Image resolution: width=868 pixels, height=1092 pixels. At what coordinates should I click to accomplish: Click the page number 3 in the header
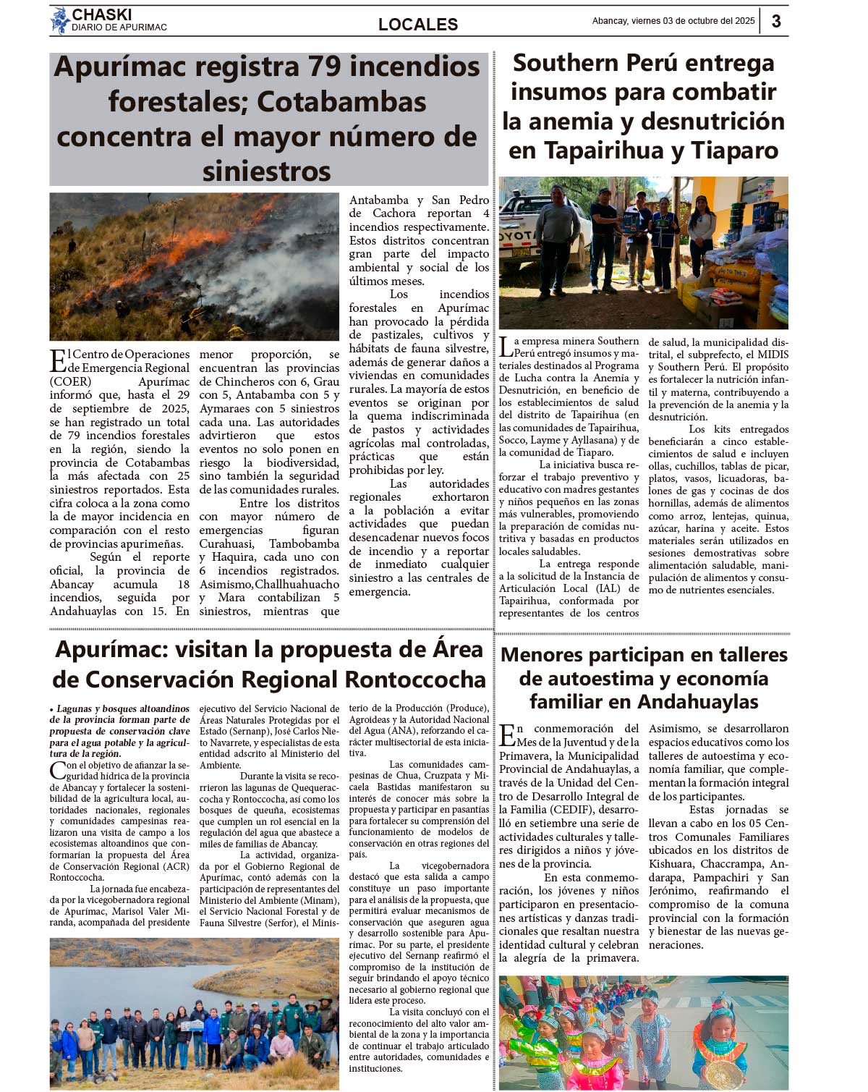(x=776, y=21)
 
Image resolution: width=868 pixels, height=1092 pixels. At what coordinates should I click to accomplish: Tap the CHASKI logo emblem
(x=59, y=20)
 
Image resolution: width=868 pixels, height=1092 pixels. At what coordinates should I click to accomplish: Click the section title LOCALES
(x=418, y=25)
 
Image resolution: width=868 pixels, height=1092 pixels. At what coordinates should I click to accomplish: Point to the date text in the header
(x=673, y=21)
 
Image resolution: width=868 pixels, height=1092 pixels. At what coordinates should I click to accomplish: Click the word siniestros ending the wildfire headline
(x=267, y=172)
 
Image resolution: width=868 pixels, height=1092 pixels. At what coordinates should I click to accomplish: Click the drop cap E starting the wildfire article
(x=58, y=360)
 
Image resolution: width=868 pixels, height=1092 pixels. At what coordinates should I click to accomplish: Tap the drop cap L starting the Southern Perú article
(x=506, y=347)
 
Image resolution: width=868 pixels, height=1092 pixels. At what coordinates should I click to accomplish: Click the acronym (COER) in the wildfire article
(x=71, y=381)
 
